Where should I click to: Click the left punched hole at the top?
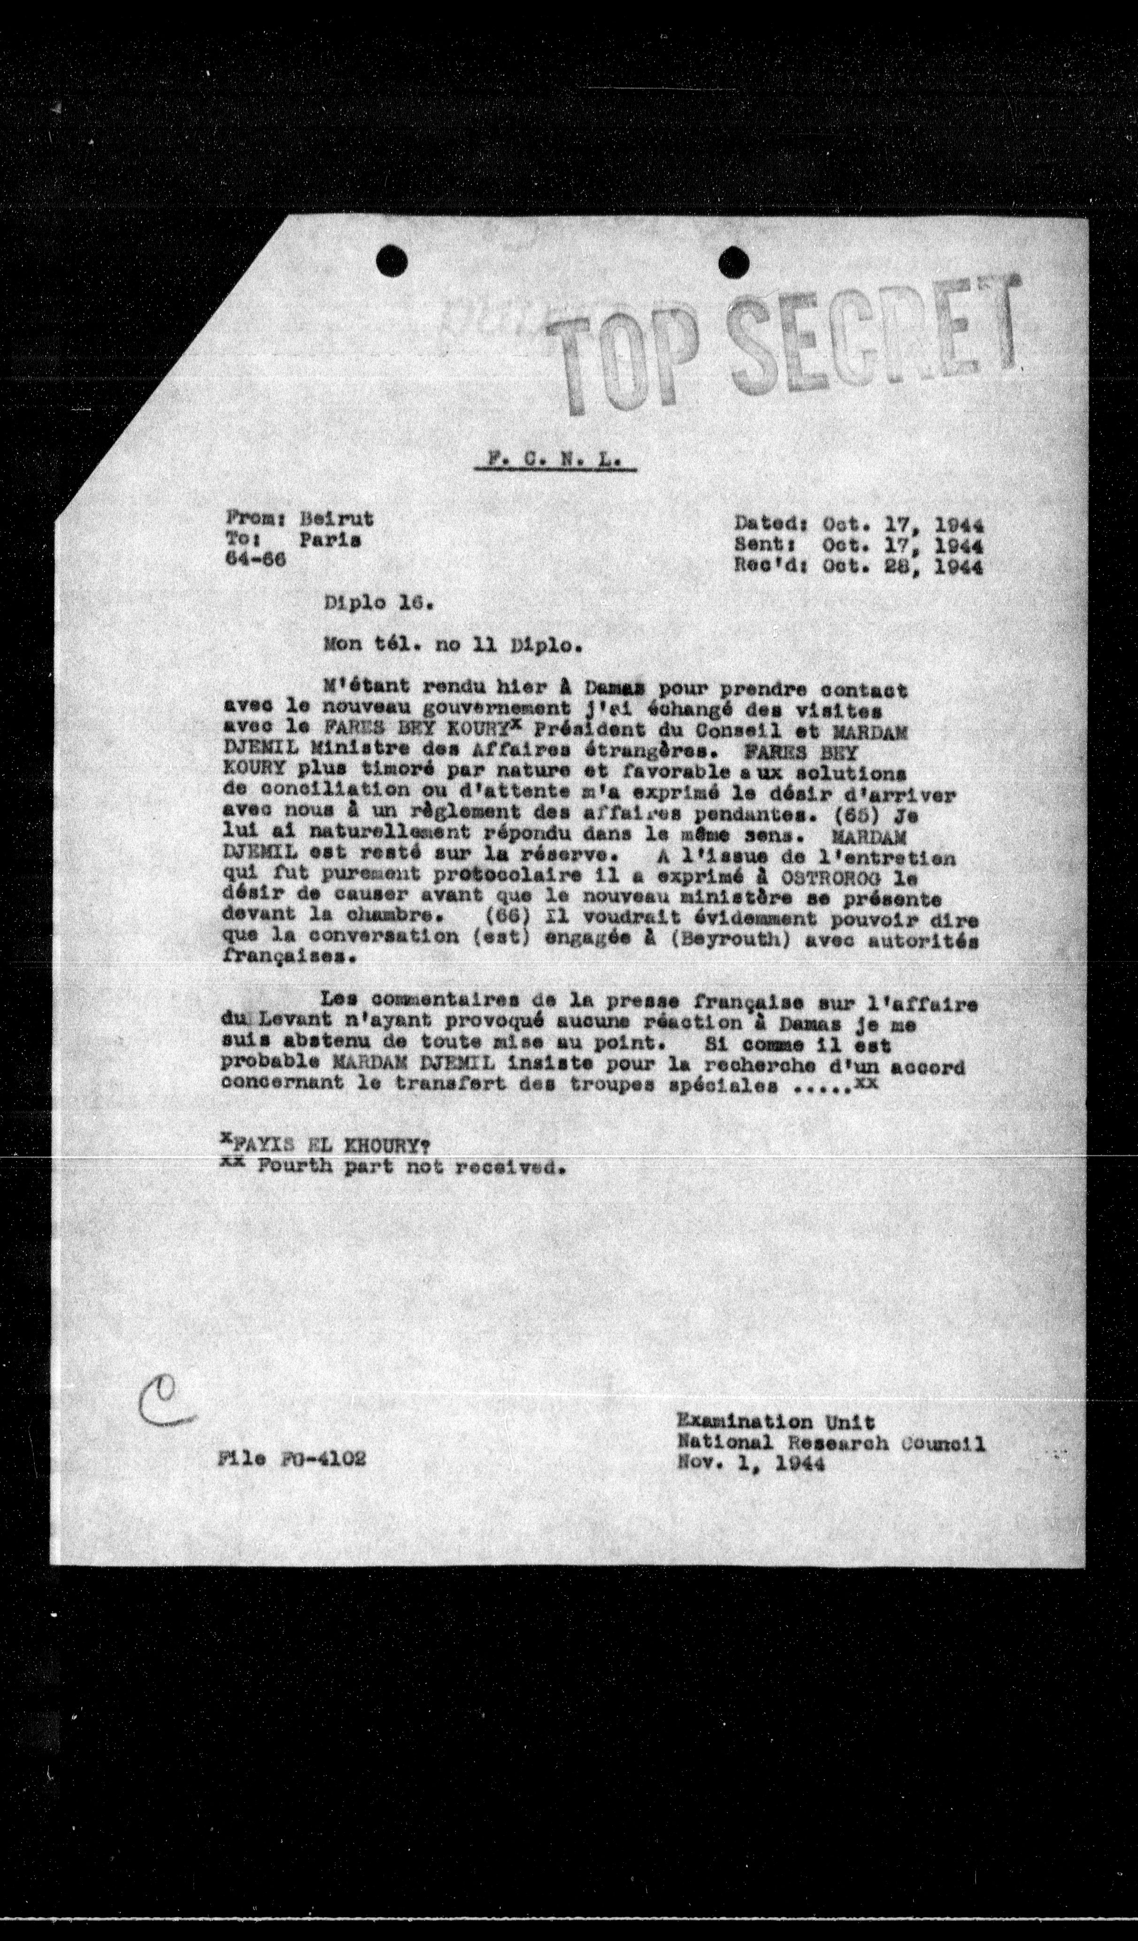392,259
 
